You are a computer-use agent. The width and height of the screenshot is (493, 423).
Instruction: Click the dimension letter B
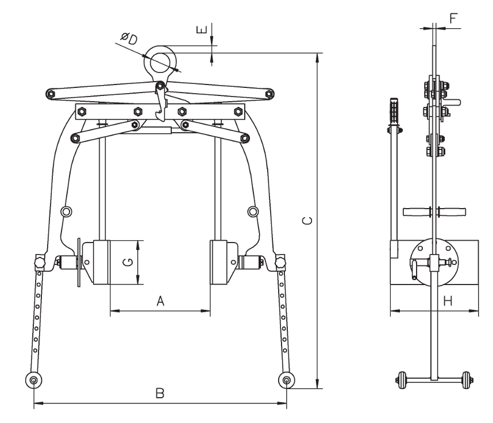[160, 394]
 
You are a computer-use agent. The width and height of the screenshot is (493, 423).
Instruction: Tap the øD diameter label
[128, 40]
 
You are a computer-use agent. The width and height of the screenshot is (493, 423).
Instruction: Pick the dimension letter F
[453, 18]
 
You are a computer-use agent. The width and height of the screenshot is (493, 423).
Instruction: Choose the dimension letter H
[448, 301]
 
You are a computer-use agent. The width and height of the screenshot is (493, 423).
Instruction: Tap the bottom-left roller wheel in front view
[34, 379]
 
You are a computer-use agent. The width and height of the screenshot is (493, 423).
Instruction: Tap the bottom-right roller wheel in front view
[286, 379]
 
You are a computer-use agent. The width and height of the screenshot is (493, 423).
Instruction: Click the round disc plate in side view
[434, 262]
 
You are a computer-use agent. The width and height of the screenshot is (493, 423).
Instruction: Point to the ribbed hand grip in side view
[394, 111]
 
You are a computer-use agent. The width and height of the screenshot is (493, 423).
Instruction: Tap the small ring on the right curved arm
[252, 212]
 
